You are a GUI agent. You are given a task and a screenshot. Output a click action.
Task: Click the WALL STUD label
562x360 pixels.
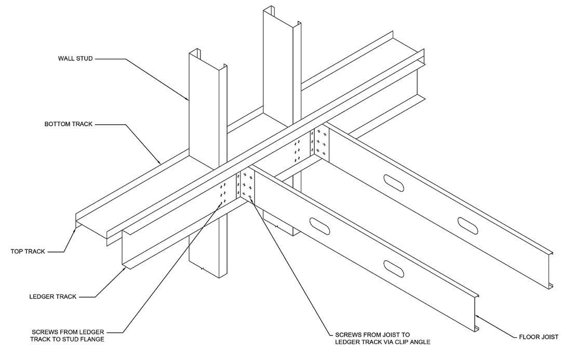click(75, 59)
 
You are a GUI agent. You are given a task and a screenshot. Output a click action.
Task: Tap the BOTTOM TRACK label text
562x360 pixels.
click(69, 124)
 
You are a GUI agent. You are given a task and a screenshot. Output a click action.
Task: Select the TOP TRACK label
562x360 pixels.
click(28, 251)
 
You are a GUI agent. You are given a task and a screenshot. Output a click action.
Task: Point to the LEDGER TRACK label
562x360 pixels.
click(52, 297)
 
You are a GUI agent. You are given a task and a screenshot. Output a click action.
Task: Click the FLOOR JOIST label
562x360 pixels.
click(539, 337)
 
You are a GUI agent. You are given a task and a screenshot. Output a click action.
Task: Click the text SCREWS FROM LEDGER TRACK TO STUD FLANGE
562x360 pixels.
click(68, 336)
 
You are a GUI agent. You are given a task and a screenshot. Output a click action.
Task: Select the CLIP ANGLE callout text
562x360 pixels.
click(382, 338)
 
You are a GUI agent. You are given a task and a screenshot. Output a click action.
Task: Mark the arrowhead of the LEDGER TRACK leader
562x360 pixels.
click(126, 267)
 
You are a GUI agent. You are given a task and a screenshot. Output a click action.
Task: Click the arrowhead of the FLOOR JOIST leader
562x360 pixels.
click(477, 315)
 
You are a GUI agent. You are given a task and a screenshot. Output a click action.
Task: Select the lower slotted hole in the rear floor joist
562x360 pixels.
click(468, 225)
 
